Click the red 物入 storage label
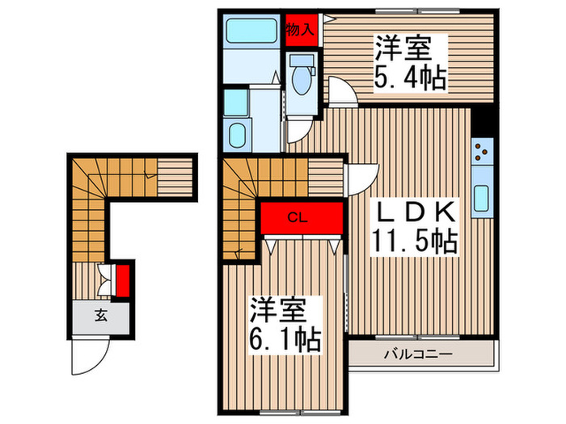(x=301, y=29)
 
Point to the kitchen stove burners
(x=481, y=151)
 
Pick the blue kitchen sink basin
(x=482, y=197)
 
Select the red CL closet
(x=300, y=217)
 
